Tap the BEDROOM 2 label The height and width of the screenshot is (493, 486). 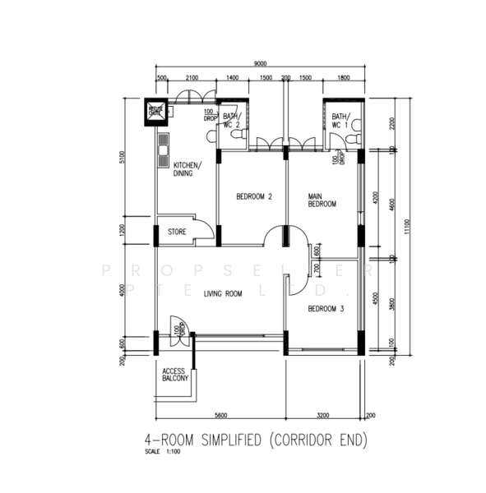(x=253, y=196)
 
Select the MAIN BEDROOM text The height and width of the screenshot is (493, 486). (x=322, y=200)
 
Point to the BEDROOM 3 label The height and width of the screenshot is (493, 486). (x=326, y=309)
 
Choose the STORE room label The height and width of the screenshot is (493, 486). (x=177, y=233)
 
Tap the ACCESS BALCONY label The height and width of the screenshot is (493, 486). (x=174, y=375)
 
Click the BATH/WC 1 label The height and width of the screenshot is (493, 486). (x=340, y=121)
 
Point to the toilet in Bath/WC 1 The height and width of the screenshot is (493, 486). (x=354, y=141)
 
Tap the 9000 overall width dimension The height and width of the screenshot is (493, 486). (x=259, y=63)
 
